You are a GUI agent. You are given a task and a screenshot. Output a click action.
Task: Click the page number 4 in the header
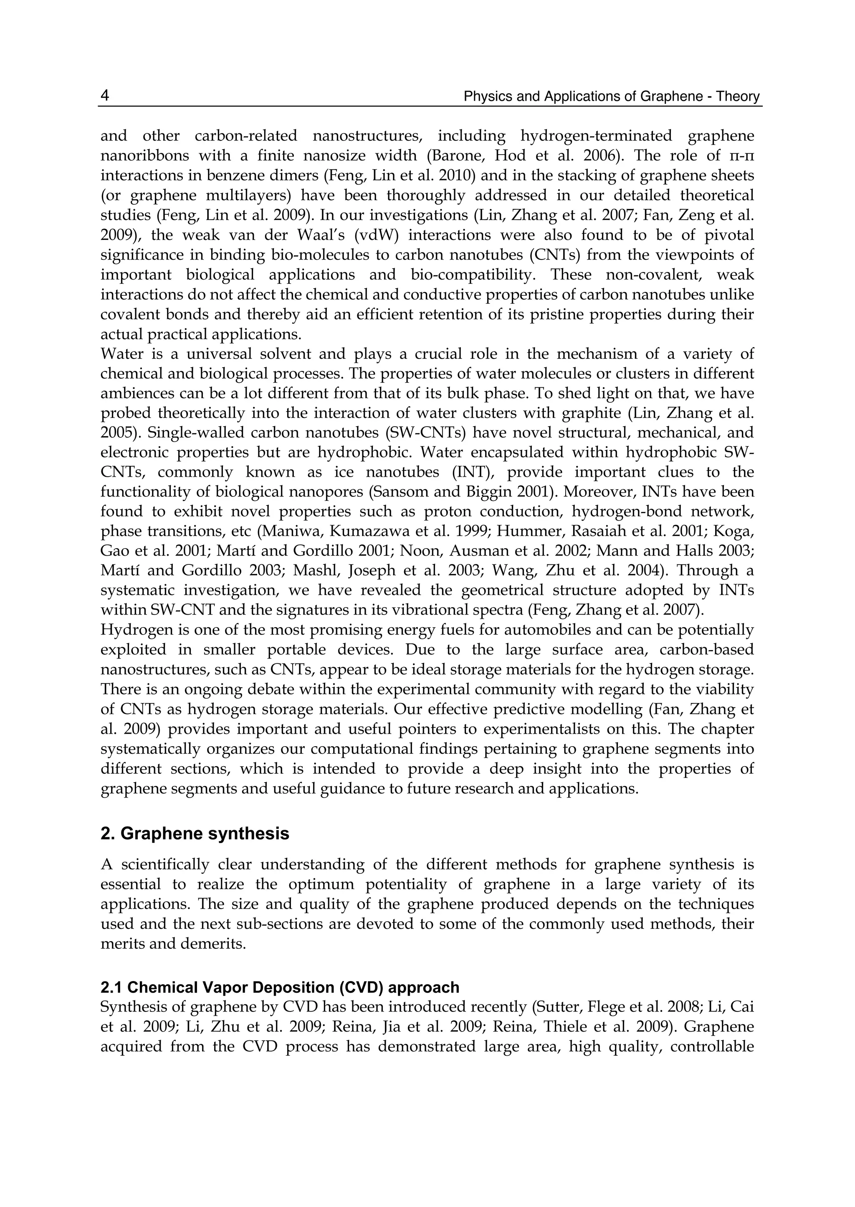click(x=105, y=96)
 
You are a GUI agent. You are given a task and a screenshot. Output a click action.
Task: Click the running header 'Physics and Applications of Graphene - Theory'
click(x=611, y=97)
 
